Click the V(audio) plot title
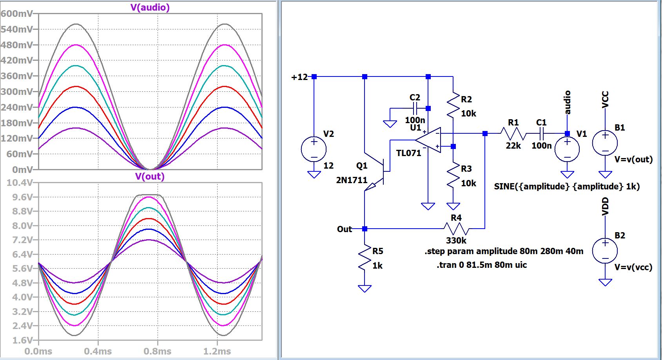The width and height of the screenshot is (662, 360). point(150,7)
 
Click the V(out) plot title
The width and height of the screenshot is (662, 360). point(150,176)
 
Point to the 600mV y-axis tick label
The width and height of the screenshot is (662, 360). point(17,14)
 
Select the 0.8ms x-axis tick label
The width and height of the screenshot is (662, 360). point(157,351)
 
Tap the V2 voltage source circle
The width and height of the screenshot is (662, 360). point(314,149)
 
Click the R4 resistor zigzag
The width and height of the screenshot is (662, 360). point(456,228)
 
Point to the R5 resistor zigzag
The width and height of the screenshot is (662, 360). point(365,258)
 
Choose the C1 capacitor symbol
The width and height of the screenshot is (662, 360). point(541,134)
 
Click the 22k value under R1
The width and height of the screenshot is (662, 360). point(513,146)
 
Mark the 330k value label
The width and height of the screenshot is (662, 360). point(456,240)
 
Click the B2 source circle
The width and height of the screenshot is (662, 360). point(605,251)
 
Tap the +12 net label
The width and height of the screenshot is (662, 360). point(299,77)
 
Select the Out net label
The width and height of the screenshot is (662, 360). point(345,229)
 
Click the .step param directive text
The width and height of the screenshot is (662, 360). point(504,251)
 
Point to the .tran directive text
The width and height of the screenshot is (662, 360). point(482,265)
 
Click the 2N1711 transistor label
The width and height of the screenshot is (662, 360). point(352,180)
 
